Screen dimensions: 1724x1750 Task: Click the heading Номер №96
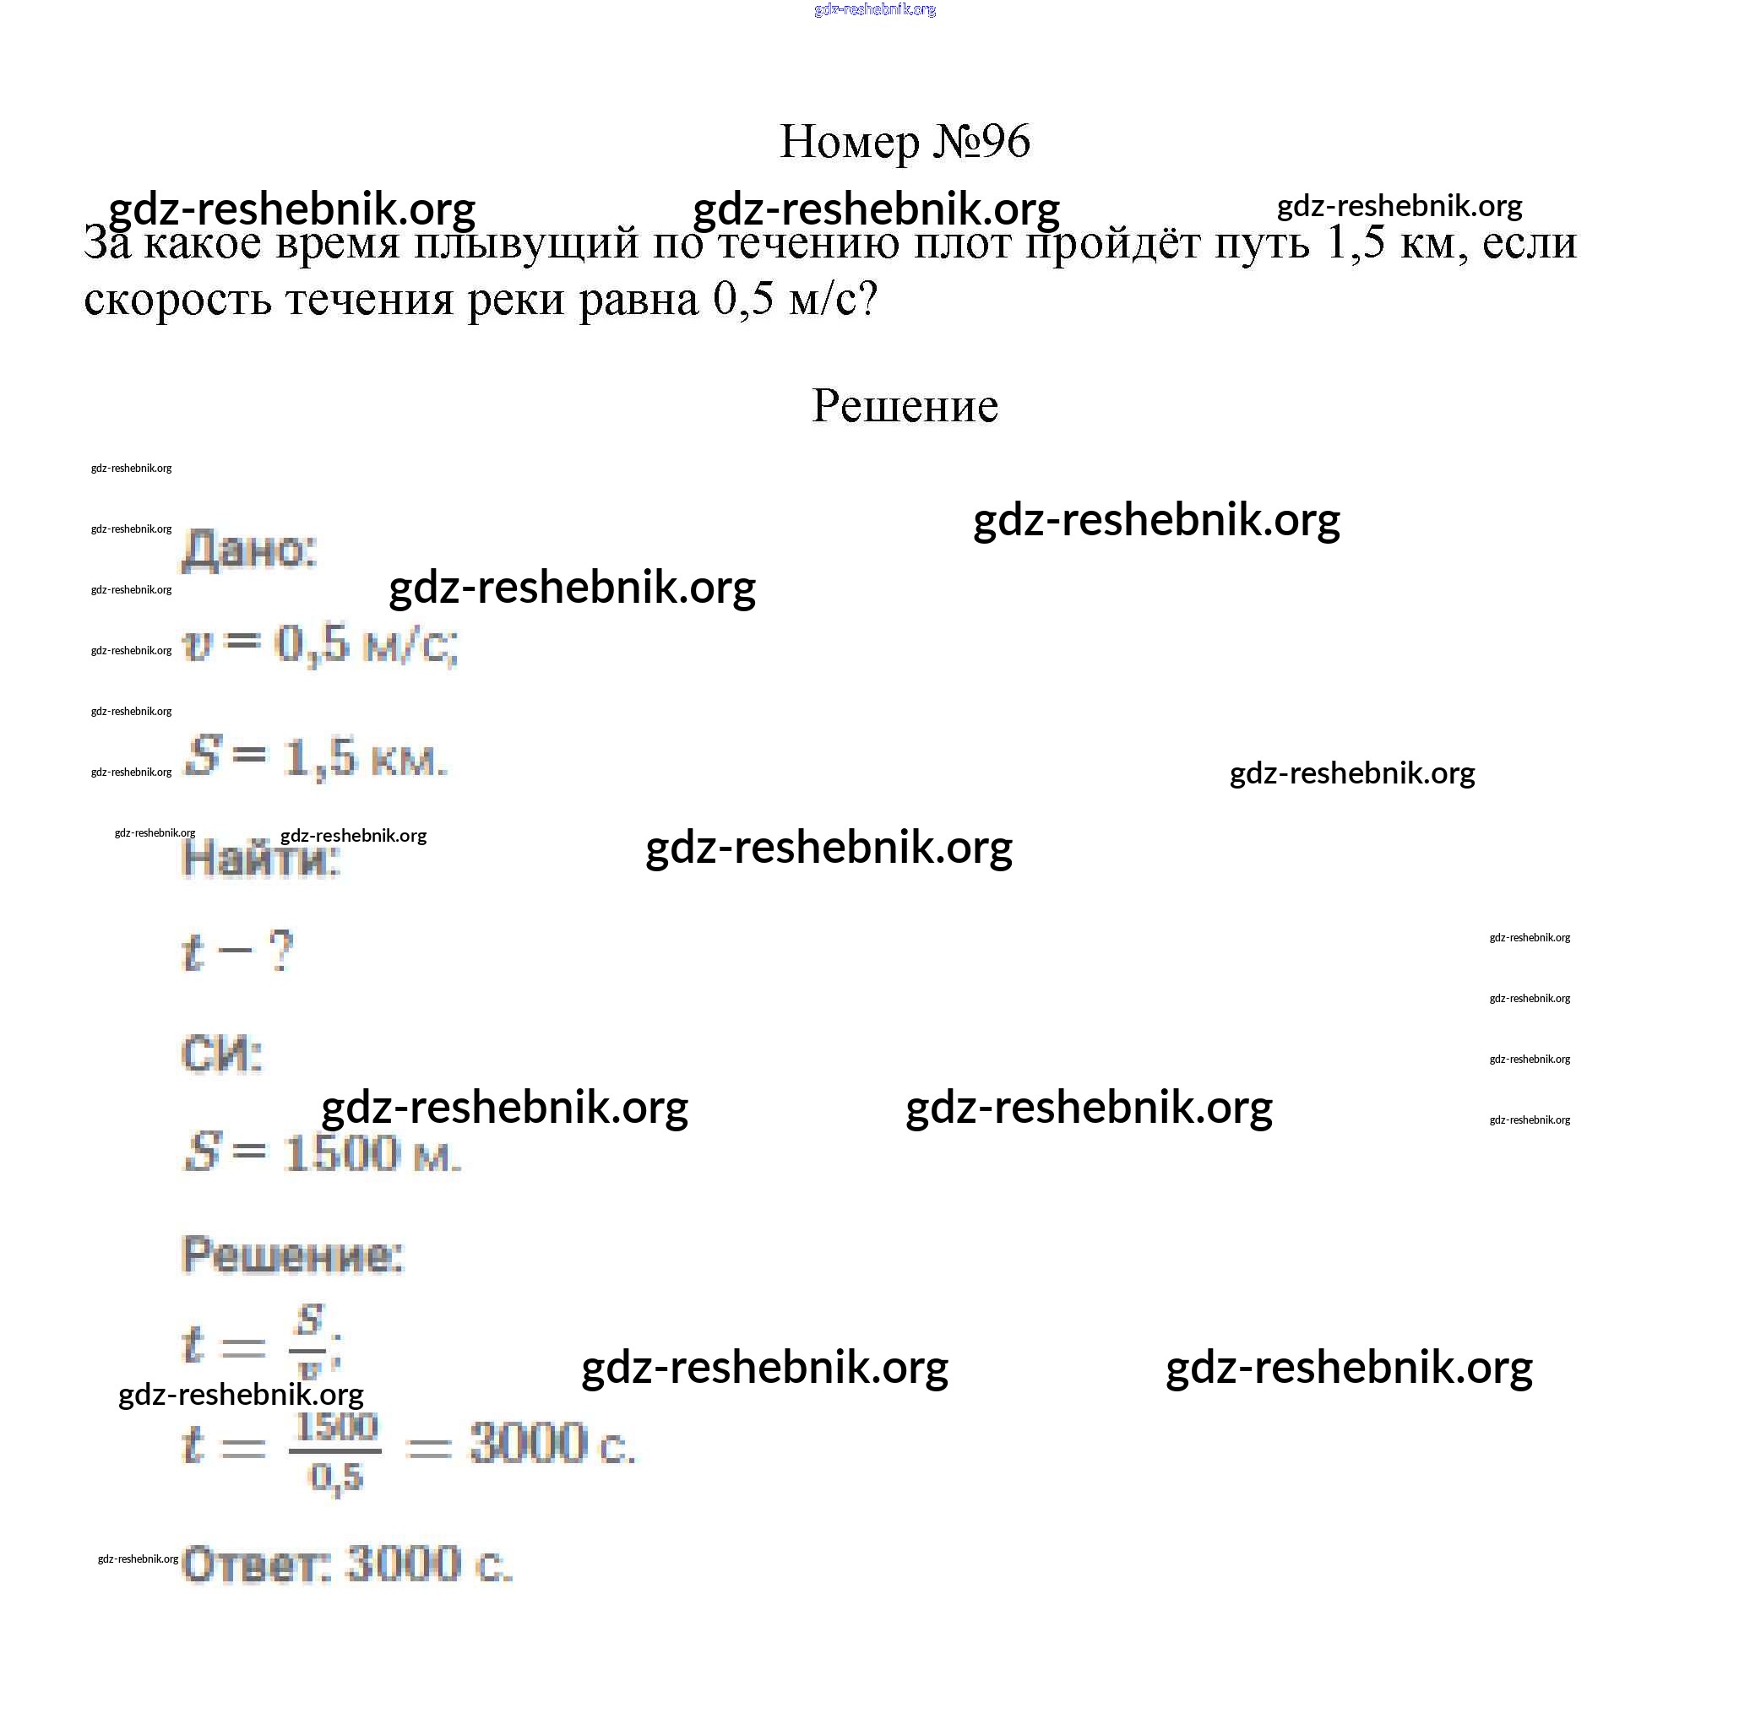[904, 141]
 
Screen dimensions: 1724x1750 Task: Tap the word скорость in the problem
[177, 299]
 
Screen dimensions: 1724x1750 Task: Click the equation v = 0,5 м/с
[320, 645]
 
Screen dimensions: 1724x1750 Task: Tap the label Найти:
[260, 859]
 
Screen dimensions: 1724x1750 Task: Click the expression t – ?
[237, 951]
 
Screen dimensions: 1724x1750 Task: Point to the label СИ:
[222, 1054]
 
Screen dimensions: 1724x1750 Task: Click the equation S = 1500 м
[322, 1154]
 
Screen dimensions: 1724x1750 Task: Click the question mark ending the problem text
[867, 299]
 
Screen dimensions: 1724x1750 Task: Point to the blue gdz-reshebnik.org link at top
[874, 10]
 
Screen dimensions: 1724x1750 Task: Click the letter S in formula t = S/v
[310, 1320]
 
